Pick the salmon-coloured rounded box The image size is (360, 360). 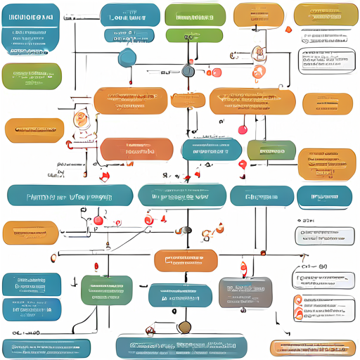coord(136,150)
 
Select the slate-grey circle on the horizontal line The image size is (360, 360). coord(188,70)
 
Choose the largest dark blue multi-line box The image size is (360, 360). coord(31,32)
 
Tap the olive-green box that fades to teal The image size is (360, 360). coord(271,150)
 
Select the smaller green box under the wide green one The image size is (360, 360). coord(188,35)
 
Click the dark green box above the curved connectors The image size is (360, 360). coord(105,289)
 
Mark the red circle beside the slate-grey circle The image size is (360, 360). coord(216,72)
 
